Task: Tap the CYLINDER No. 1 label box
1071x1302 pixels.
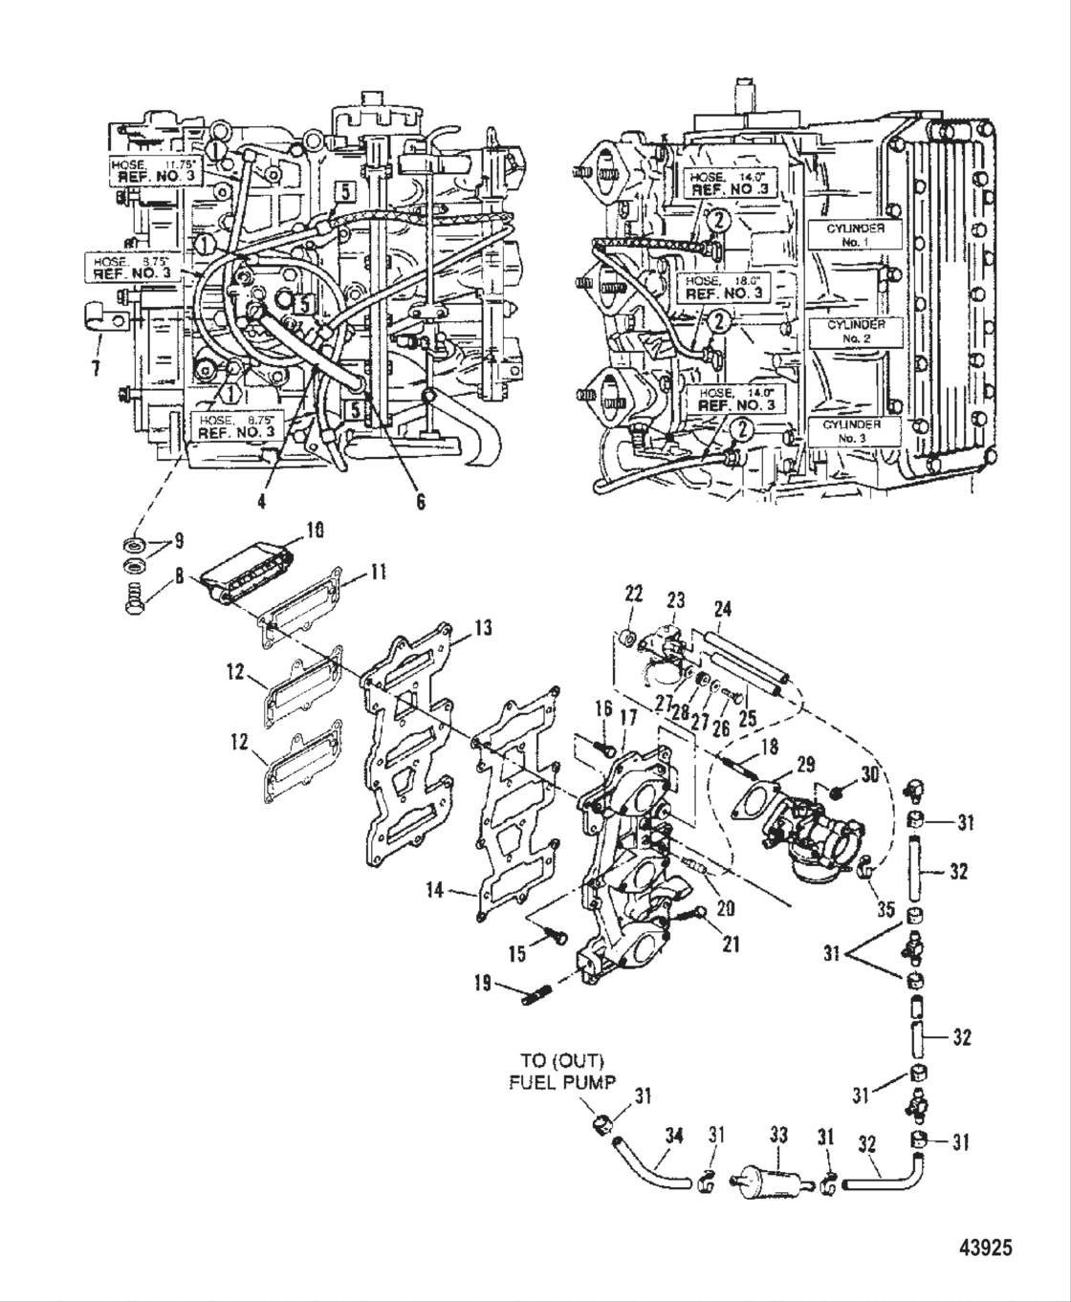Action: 846,235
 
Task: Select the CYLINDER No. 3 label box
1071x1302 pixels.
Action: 846,431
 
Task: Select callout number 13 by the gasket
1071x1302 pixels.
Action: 484,628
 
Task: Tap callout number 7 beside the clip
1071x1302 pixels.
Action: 96,367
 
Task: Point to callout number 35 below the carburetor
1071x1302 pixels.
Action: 885,911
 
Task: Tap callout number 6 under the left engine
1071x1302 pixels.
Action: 420,501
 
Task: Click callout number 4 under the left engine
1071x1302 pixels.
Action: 262,499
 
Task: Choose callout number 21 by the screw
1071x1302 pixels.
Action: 732,944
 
